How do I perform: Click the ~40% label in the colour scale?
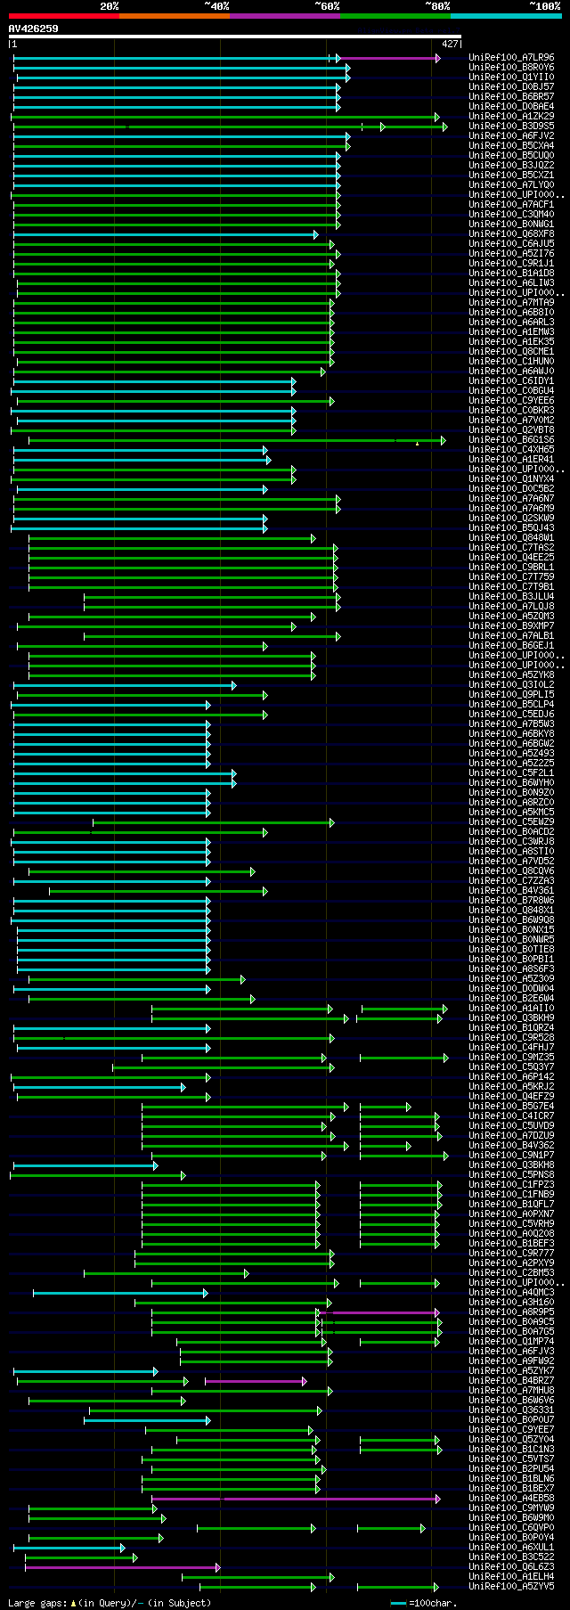click(216, 6)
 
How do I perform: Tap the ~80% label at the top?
click(437, 6)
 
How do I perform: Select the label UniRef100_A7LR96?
click(511, 58)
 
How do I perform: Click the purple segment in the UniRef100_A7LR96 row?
click(388, 58)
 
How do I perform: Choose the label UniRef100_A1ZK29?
click(511, 117)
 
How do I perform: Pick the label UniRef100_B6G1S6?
click(511, 440)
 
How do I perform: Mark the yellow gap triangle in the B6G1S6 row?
click(417, 443)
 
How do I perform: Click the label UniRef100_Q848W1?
click(511, 538)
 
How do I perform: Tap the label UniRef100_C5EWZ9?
click(511, 822)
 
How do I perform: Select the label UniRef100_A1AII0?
click(511, 1009)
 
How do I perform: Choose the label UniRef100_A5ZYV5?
click(511, 1587)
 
